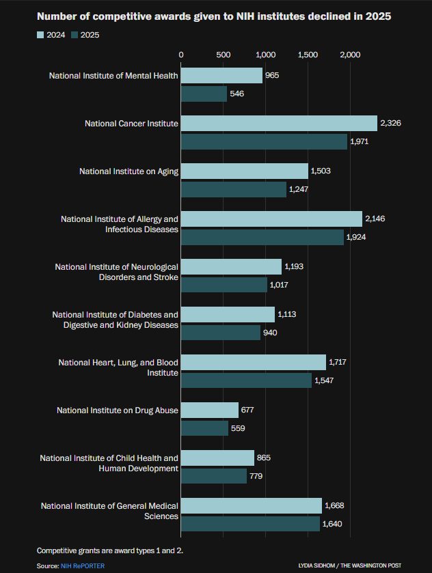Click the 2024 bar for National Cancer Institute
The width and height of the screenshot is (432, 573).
pos(279,123)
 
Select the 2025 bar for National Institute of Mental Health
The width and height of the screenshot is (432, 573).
pos(204,94)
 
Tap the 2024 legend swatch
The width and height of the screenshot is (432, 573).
pos(40,35)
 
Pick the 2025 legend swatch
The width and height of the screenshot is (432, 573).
pos(75,35)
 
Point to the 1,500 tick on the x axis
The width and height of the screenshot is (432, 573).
pos(308,54)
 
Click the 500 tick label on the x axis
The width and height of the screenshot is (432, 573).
pos(224,54)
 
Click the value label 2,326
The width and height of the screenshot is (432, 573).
pos(391,123)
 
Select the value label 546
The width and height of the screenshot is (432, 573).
pos(237,94)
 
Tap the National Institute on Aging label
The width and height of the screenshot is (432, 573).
pos(129,171)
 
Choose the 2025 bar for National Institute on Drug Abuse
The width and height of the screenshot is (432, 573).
pos(204,428)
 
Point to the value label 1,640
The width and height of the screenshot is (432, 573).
pos(332,524)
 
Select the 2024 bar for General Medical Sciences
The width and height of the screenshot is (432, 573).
pos(252,505)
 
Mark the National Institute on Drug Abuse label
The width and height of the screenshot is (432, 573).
pos(118,410)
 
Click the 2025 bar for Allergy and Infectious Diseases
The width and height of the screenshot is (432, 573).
pos(262,237)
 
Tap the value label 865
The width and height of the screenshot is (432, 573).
pos(264,458)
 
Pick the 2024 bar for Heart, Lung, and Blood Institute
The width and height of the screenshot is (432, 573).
pos(254,362)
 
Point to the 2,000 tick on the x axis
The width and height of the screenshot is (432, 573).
pos(350,54)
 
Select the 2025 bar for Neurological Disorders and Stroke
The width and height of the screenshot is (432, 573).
pos(224,285)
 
